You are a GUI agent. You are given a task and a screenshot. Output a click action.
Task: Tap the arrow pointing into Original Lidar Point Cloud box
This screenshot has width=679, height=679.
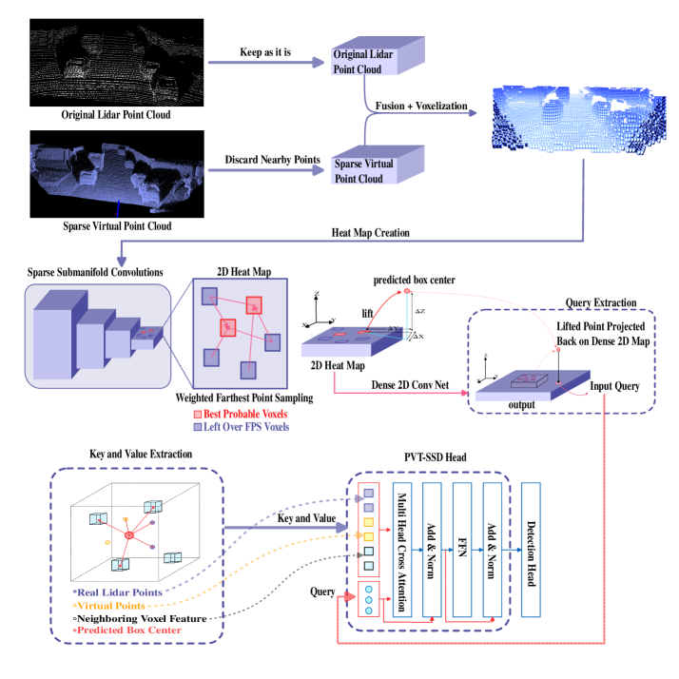click(x=319, y=63)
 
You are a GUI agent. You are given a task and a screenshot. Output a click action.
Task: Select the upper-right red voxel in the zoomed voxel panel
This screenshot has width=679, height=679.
click(x=254, y=305)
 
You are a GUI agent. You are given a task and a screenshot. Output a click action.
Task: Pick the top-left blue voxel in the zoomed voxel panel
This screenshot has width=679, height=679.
click(x=210, y=296)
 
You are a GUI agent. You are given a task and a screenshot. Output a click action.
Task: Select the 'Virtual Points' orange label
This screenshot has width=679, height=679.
click(x=111, y=605)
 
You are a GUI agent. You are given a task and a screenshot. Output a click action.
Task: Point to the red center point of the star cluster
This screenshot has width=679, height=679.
click(x=128, y=536)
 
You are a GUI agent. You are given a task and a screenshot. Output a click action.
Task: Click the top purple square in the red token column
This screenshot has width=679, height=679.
click(x=369, y=494)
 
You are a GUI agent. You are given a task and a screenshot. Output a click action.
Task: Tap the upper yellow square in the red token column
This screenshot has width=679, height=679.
click(x=369, y=522)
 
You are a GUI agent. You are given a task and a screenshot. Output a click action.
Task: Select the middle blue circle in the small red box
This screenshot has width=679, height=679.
click(x=369, y=599)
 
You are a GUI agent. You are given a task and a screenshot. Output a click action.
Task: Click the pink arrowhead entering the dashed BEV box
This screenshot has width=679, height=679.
click(x=464, y=392)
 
